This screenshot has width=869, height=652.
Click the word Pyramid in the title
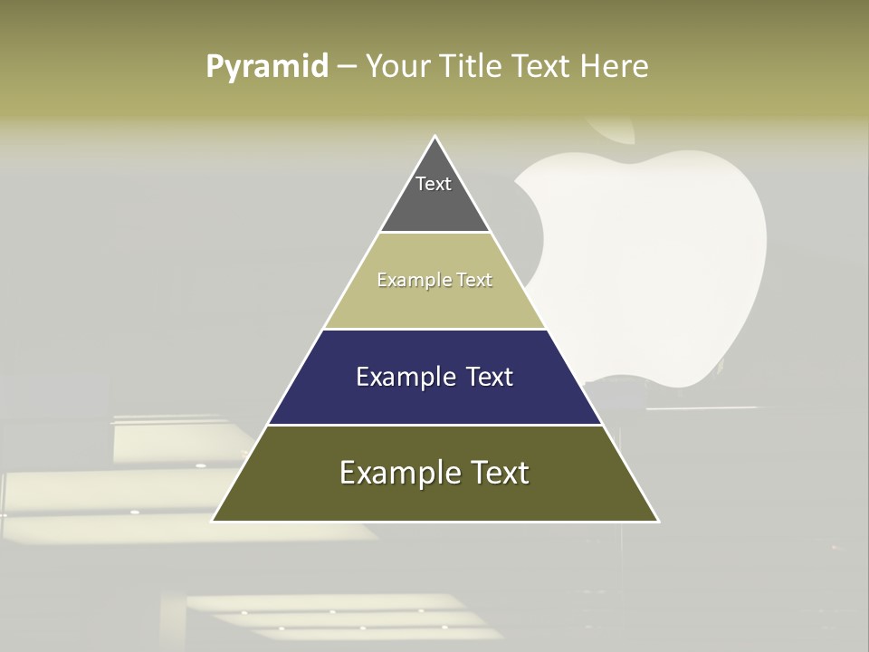tap(267, 66)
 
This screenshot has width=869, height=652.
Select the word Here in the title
tap(614, 66)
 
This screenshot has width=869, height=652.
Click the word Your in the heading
tap(398, 66)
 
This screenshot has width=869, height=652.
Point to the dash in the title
tap(347, 67)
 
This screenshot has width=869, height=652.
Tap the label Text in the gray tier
tap(434, 184)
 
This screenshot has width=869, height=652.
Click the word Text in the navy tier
tap(489, 377)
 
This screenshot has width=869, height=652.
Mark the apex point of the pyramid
tap(435, 137)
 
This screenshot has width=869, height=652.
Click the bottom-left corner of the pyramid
tap(213, 521)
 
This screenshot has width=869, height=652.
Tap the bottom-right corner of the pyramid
tap(658, 521)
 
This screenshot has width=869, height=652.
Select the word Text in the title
tap(541, 66)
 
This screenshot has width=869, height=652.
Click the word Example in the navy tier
tap(405, 377)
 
